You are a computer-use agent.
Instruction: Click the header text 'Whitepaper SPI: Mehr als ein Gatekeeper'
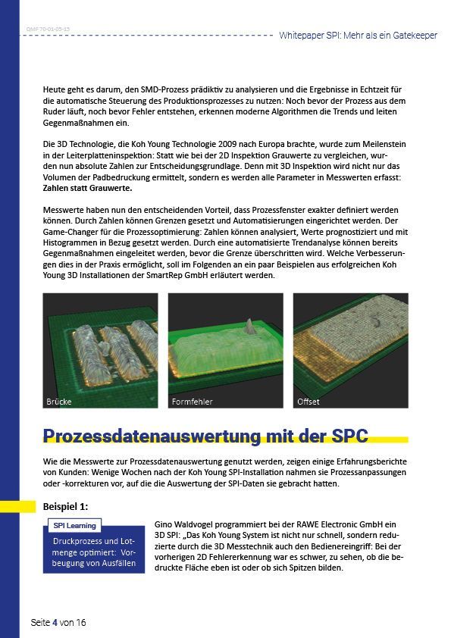coord(358,36)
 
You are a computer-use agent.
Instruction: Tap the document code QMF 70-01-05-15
coord(48,28)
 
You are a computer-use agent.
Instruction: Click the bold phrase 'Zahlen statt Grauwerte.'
coord(88,188)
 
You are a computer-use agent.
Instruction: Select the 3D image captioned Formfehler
coord(225,350)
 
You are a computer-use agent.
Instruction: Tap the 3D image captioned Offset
coord(350,350)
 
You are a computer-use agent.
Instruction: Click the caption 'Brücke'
coord(59,401)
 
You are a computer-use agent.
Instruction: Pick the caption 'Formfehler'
coord(192,401)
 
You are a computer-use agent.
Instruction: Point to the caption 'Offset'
coord(308,401)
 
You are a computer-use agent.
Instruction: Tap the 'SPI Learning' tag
coord(74,525)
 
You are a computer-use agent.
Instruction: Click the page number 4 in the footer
coord(55,622)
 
